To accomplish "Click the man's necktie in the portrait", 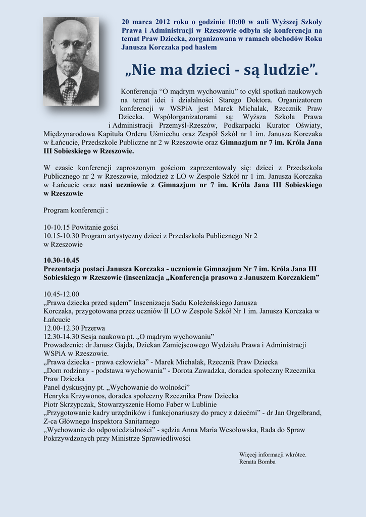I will point(70,91).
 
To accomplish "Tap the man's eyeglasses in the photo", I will point(71,45).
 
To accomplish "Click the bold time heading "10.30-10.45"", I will point(61,260).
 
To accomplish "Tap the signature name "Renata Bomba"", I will point(257,462).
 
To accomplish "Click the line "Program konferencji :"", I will point(76,210).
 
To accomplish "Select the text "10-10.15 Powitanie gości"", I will point(81,227).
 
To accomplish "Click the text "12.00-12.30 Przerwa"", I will point(74,328).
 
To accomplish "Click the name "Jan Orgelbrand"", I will point(298,412).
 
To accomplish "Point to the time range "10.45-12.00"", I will point(61,294).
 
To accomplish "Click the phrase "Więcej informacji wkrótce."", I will point(273,454).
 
